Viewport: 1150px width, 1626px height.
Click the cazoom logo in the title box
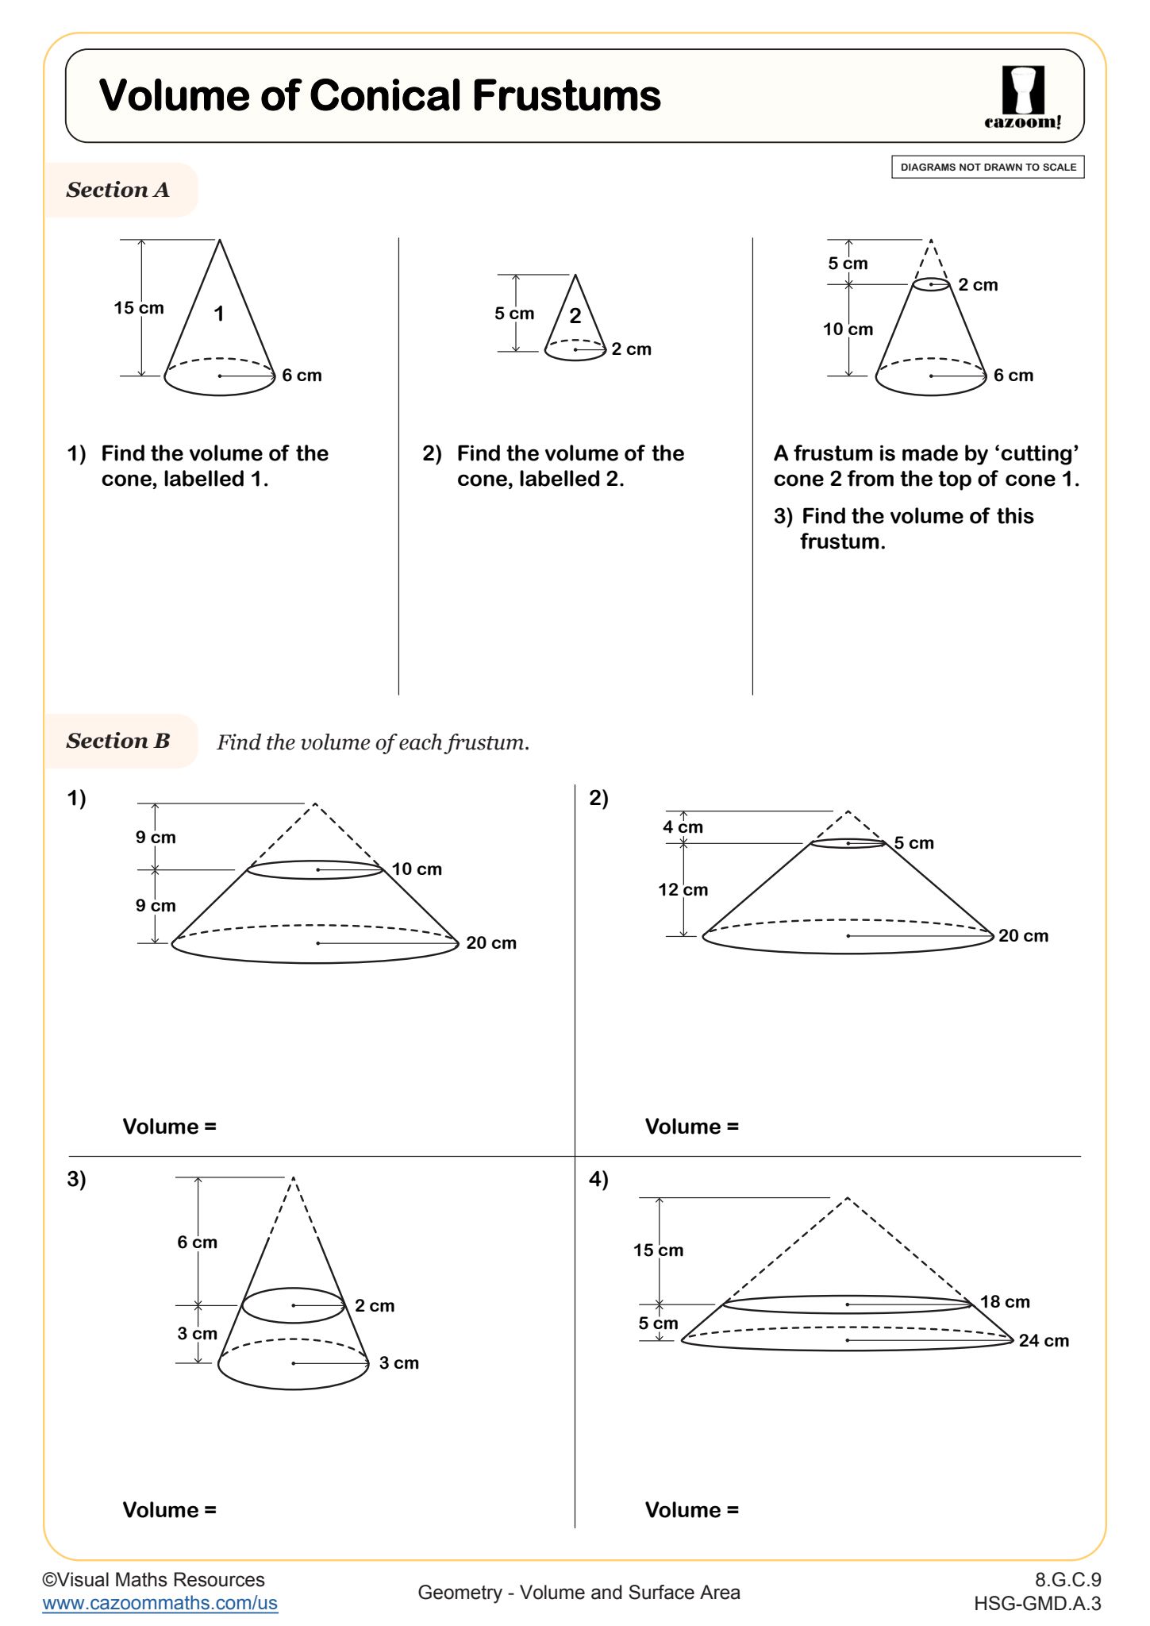(x=1022, y=97)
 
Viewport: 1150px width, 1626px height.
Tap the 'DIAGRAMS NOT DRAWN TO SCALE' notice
(x=987, y=168)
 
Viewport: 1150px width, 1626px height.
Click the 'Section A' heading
(x=117, y=190)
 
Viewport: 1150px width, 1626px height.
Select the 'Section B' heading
(x=118, y=741)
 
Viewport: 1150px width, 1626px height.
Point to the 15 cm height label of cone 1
(x=138, y=308)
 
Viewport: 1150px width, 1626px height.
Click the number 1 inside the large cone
(x=219, y=314)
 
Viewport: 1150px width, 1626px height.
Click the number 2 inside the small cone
(x=575, y=316)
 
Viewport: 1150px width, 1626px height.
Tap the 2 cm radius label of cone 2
(x=631, y=349)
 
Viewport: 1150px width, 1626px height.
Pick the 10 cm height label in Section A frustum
(x=848, y=329)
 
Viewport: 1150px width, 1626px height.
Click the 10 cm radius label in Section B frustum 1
(x=417, y=869)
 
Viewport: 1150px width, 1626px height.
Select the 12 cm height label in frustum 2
(x=683, y=890)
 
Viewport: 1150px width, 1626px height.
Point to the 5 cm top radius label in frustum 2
(x=913, y=843)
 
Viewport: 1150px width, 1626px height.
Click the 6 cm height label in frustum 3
(x=197, y=1243)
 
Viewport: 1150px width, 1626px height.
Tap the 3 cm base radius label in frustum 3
(x=398, y=1363)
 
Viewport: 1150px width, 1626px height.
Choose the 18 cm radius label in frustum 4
(x=1005, y=1302)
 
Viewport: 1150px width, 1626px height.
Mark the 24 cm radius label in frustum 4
(x=1044, y=1341)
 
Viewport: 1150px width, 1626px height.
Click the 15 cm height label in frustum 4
(x=658, y=1250)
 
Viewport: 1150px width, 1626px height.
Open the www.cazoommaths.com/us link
(x=160, y=1603)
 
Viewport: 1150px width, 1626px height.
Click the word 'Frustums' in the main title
(x=567, y=96)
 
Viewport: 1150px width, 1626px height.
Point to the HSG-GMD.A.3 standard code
(x=1037, y=1604)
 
